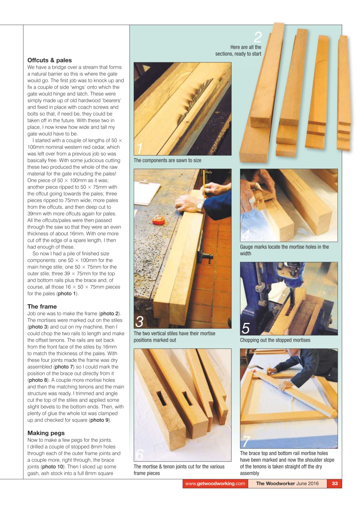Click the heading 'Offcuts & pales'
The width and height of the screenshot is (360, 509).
(50, 60)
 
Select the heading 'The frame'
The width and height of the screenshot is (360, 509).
(42, 307)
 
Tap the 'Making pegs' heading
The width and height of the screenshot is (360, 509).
(46, 433)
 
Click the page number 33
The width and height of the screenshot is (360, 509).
(335, 484)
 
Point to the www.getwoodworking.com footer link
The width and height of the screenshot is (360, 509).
(215, 484)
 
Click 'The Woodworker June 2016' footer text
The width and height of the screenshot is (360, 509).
(287, 484)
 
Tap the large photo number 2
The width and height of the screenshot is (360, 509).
(258, 38)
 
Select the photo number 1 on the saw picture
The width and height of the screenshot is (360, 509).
(139, 149)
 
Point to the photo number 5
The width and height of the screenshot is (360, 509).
(246, 328)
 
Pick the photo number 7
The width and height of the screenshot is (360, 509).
(246, 442)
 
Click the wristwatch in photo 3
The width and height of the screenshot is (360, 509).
(199, 205)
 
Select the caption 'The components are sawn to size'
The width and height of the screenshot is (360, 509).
(167, 161)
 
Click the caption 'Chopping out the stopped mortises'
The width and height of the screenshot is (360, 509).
(275, 340)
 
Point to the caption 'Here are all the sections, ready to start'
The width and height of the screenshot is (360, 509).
(239, 51)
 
